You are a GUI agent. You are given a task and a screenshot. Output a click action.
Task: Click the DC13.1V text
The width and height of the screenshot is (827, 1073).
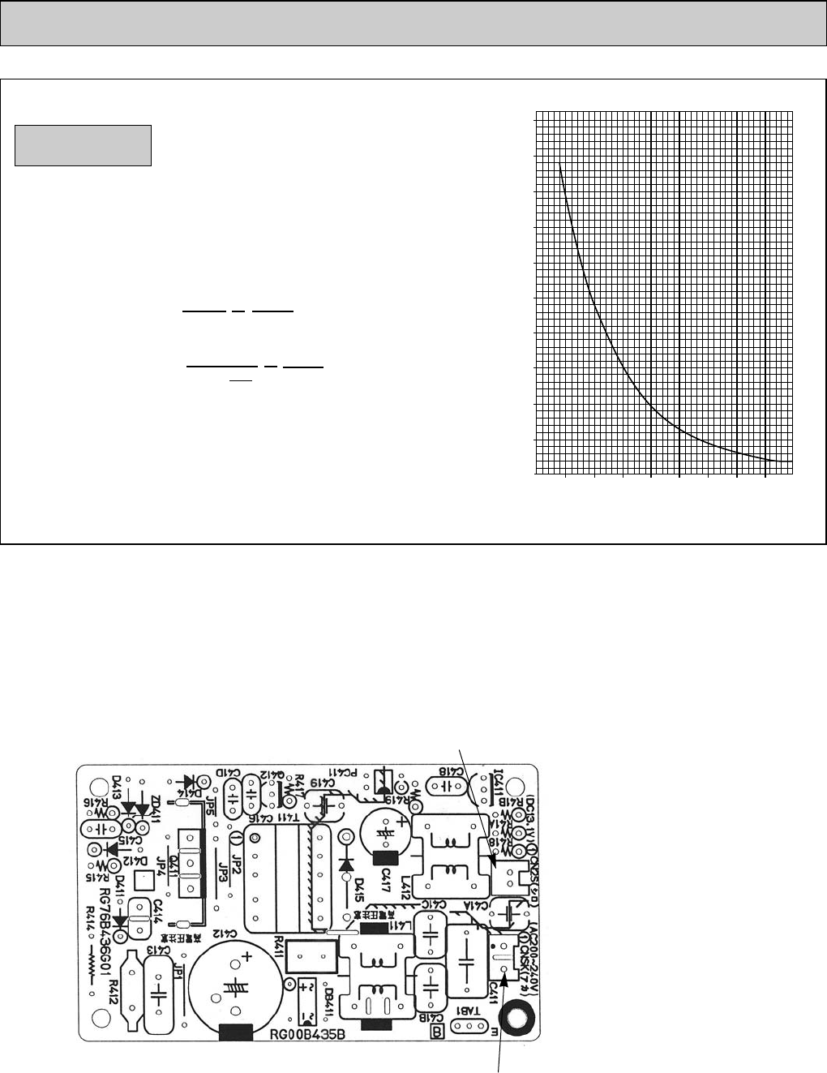click(x=531, y=809)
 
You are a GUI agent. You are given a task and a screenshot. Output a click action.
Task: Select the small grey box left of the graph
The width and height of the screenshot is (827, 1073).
click(x=83, y=145)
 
